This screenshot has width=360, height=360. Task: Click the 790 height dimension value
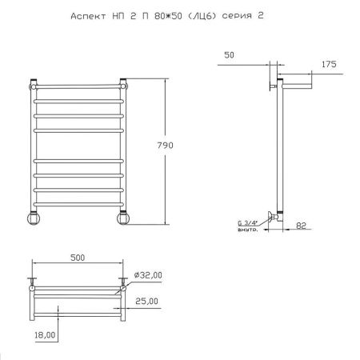point(165,146)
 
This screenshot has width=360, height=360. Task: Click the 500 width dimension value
point(78,258)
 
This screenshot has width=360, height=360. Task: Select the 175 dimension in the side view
point(329,64)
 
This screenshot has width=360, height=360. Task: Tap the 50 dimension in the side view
point(229,55)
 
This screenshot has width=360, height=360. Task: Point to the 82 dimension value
point(301,226)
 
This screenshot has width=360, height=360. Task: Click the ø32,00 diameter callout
point(148,275)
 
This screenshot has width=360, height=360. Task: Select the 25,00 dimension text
point(146,301)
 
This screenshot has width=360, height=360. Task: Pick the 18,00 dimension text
point(45,335)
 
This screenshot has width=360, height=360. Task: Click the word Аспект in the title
point(88,16)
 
